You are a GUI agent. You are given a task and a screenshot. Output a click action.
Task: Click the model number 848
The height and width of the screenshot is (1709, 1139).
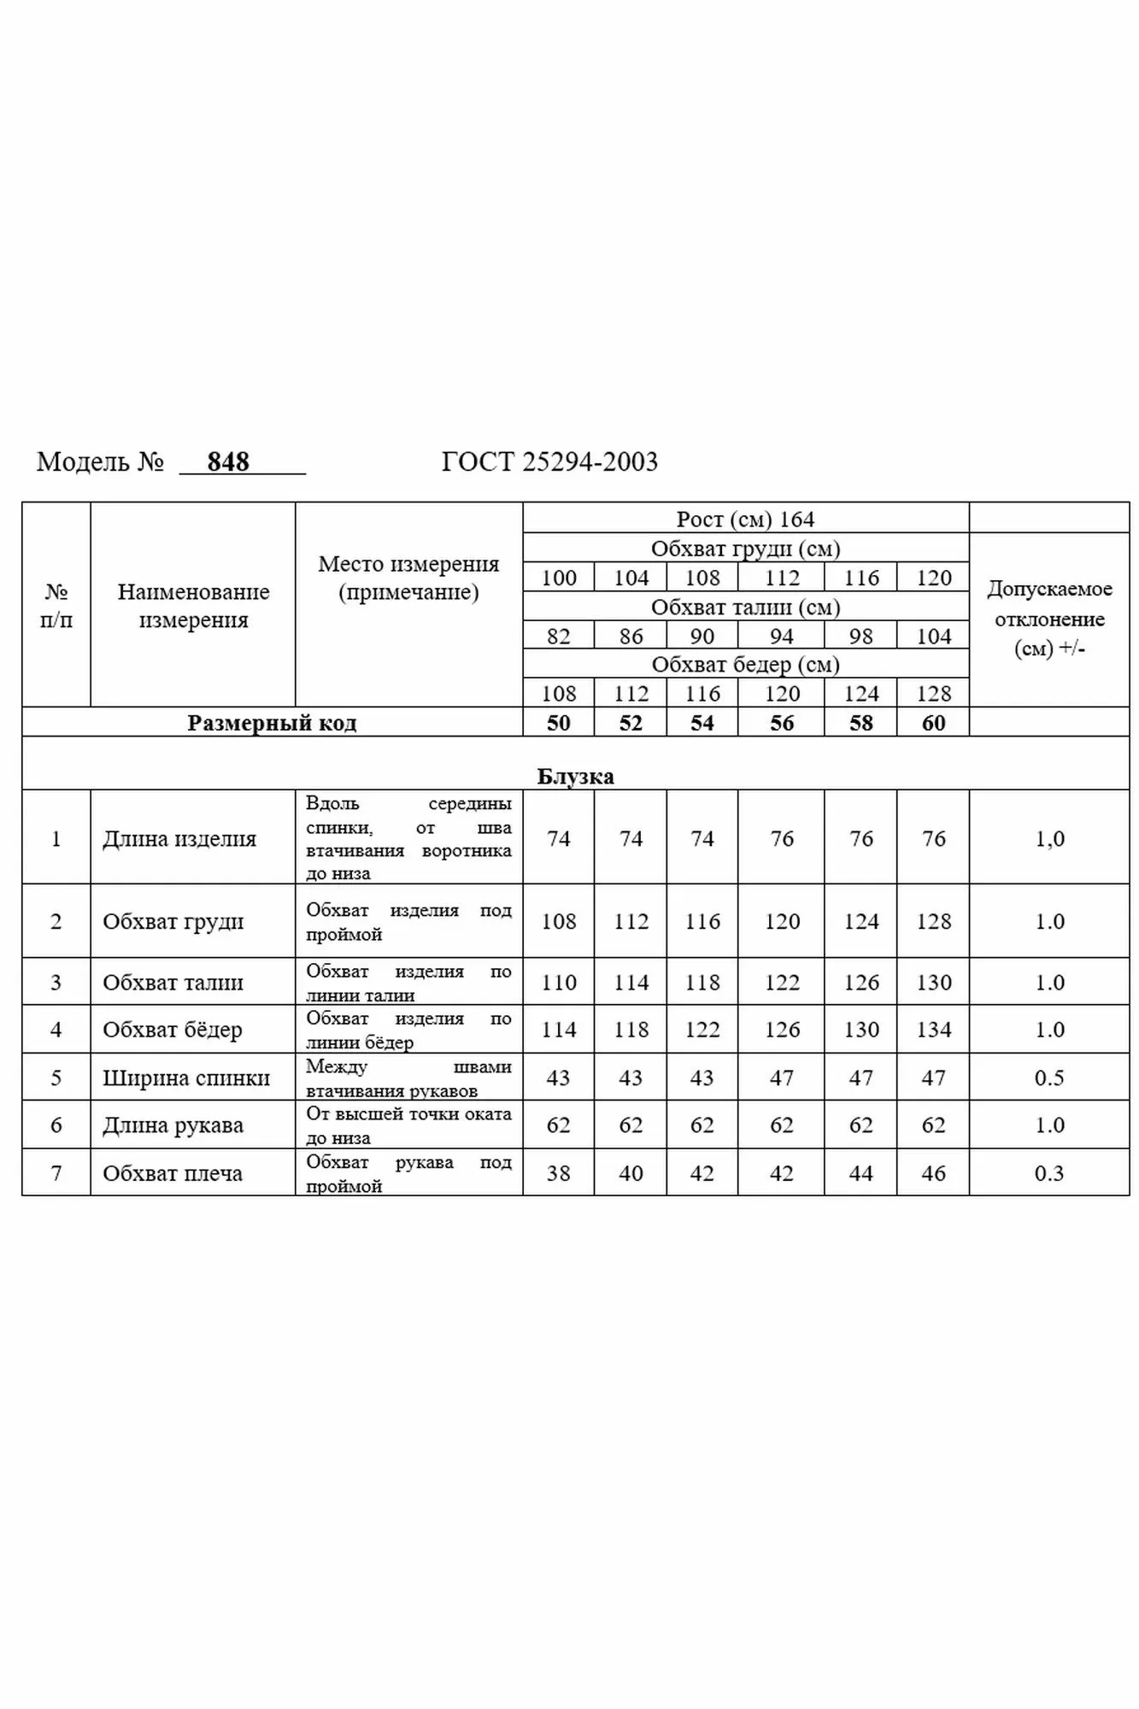(228, 462)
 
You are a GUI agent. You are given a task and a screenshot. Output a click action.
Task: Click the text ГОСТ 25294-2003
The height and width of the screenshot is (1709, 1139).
(549, 462)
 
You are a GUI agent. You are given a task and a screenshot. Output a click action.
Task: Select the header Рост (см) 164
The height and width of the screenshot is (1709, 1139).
(745, 519)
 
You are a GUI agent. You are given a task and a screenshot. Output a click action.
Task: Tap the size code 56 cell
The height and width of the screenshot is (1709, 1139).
(782, 723)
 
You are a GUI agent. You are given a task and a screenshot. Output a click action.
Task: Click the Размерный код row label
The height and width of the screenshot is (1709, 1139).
(272, 723)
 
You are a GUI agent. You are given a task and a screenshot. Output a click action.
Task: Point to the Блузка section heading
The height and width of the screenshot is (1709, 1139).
(575, 776)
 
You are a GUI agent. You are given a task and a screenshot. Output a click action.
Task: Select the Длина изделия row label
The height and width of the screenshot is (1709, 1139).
(179, 838)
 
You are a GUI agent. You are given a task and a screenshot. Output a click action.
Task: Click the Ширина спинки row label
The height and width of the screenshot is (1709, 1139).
(186, 1078)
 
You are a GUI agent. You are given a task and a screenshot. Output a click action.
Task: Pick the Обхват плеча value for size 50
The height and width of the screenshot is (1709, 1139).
(558, 1173)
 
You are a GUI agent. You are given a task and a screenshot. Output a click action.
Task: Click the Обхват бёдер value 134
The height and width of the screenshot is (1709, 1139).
(933, 1030)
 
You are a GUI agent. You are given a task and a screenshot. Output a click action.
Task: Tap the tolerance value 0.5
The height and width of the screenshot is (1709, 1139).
(1048, 1078)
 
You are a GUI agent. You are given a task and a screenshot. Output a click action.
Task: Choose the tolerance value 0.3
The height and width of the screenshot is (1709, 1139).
(1048, 1173)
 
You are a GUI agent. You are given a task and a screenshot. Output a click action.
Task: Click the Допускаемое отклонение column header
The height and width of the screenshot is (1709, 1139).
(1049, 619)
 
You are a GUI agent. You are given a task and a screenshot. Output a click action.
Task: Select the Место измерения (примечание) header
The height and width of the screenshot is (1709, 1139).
(408, 578)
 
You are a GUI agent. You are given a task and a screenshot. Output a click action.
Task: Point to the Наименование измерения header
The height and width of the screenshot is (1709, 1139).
(193, 606)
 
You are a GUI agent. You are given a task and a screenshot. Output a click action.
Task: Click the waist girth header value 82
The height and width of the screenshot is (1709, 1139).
(558, 637)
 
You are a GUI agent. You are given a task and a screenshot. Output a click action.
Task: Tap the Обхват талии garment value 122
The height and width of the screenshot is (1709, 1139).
(782, 983)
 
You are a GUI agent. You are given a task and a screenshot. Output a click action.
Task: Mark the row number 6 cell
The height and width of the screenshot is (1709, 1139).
(56, 1125)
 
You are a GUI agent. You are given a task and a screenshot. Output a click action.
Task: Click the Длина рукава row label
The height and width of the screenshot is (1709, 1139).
(173, 1125)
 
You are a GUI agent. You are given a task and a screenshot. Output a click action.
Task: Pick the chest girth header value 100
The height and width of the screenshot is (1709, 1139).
(559, 578)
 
